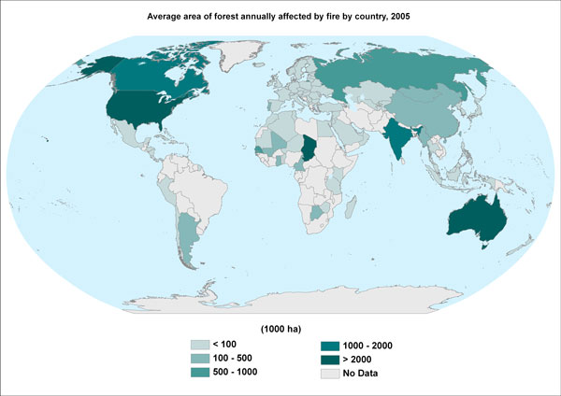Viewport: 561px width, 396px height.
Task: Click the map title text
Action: point(280,16)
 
